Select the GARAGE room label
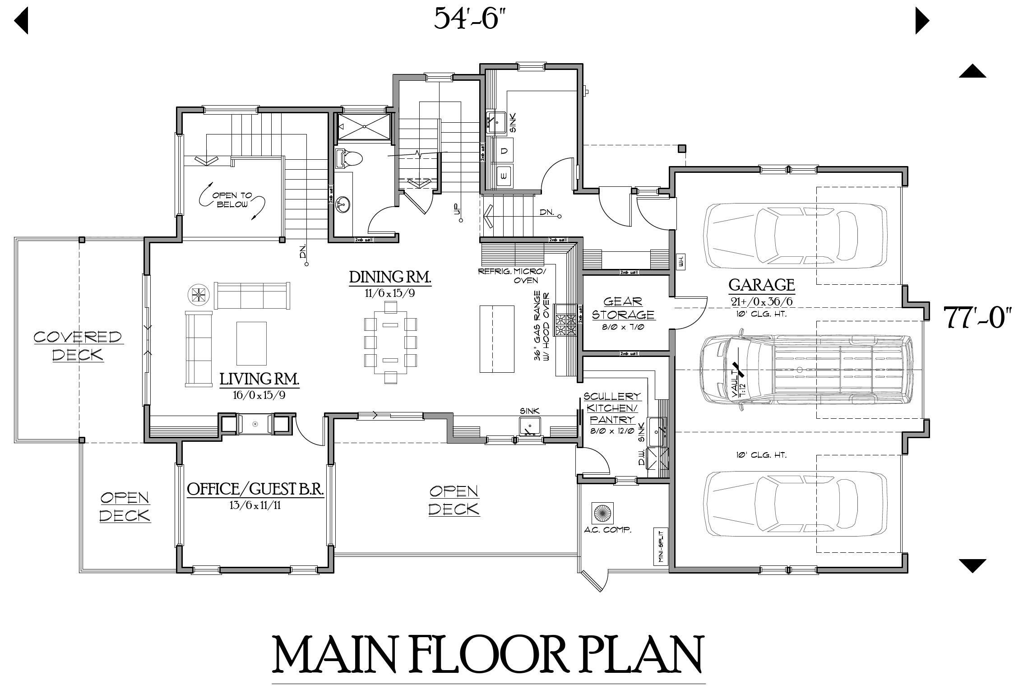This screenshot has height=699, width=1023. (x=761, y=285)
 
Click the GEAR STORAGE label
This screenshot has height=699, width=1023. (x=623, y=308)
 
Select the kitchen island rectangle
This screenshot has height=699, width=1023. (x=497, y=338)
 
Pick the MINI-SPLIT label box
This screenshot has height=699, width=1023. (x=660, y=546)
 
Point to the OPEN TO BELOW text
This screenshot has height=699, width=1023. (x=232, y=200)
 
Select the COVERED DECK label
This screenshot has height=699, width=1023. (x=78, y=346)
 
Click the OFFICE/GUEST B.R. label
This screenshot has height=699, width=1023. (x=255, y=489)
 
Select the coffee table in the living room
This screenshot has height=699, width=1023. (x=251, y=343)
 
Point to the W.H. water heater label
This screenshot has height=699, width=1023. (x=681, y=260)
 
